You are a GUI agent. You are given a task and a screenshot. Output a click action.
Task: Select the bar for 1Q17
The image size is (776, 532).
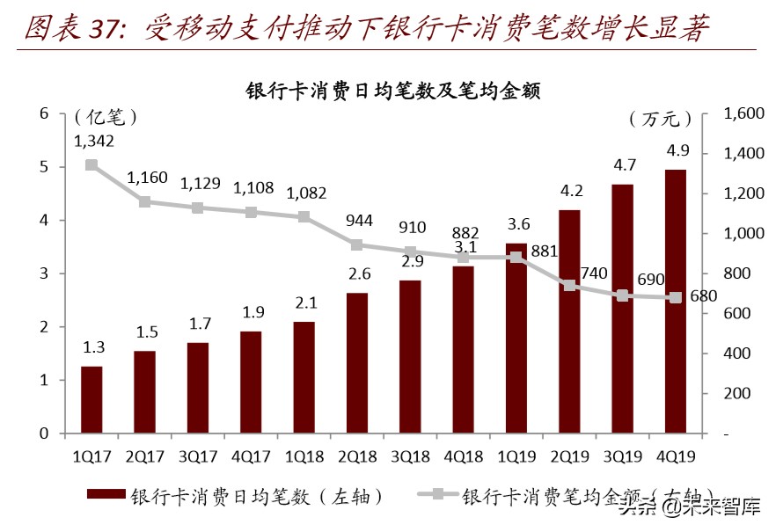tap(92, 399)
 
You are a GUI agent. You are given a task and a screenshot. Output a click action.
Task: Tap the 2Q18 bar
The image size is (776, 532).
tap(357, 362)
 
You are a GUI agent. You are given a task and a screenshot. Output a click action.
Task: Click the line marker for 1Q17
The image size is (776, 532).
tap(92, 164)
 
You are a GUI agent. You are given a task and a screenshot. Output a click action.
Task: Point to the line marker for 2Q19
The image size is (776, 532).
tap(569, 286)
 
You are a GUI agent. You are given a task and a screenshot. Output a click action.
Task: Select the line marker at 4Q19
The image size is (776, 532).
tap(676, 297)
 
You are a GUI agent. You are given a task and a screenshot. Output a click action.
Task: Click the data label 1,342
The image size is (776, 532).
tap(93, 141)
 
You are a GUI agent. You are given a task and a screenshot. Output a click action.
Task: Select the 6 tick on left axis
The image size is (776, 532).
tap(41, 113)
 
